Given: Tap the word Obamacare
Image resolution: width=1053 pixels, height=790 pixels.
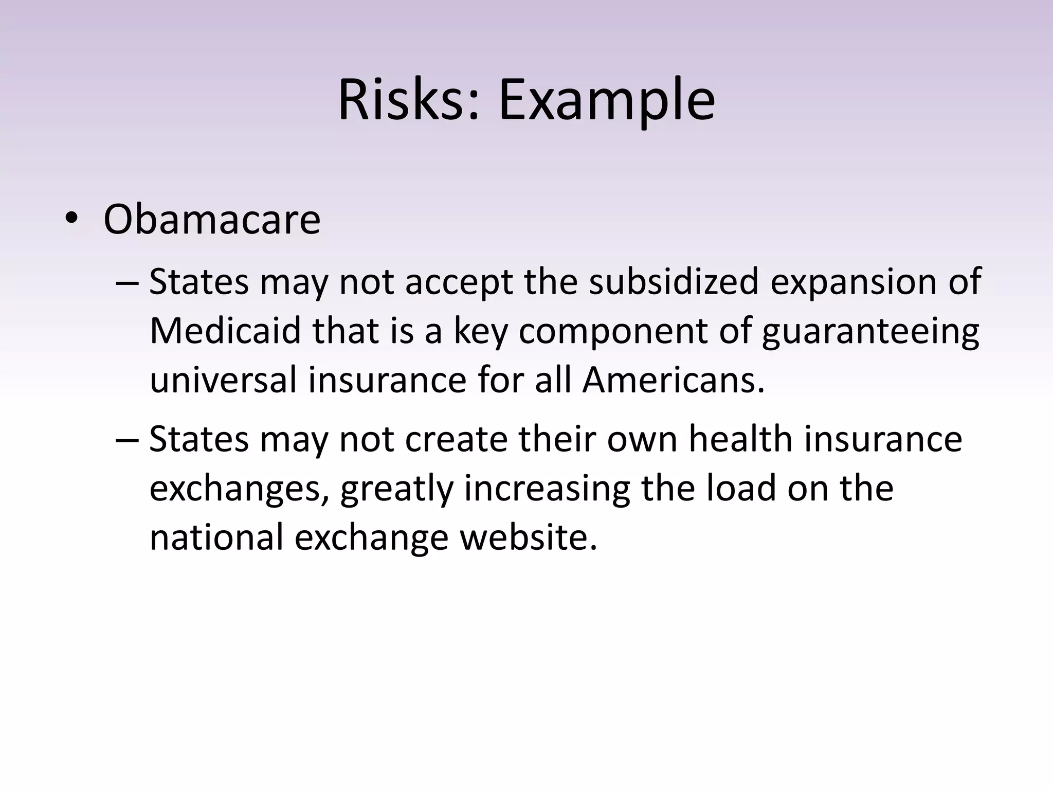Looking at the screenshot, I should point(212,220).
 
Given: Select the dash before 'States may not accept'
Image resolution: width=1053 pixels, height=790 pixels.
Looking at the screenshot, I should point(126,283).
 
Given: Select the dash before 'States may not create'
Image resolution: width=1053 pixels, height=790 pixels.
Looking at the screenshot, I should point(126,440).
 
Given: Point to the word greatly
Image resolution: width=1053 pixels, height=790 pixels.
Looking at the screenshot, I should point(397,489).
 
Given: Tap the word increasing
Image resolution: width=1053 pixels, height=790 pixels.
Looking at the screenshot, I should point(547,489).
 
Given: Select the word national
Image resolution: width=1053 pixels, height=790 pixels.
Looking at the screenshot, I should point(216,537).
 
